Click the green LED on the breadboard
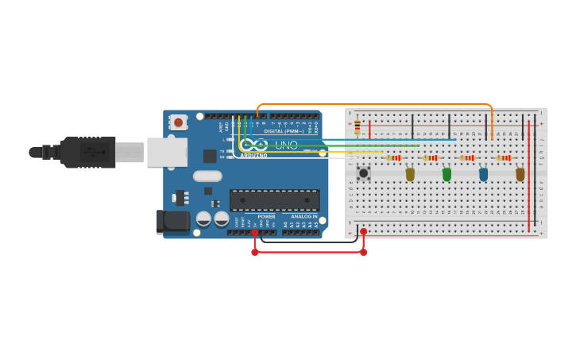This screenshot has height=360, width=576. point(446,173)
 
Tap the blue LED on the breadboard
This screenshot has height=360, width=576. point(483,173)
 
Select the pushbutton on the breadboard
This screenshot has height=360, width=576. point(364,172)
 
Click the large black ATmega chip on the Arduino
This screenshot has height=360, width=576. point(275,199)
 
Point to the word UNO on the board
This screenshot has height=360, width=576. point(286,145)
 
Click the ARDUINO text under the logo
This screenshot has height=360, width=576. point(253,155)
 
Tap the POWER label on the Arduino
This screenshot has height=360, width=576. point(267,216)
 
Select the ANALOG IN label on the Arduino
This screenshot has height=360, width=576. point(303,216)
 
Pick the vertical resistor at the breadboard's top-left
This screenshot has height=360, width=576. point(357,126)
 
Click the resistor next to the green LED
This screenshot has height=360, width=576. point(431,157)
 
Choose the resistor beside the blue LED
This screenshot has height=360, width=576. point(467,157)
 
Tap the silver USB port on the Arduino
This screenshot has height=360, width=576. point(167,152)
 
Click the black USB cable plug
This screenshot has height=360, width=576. point(87,152)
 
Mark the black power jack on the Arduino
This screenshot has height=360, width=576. point(172,222)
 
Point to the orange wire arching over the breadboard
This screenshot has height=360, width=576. point(373,104)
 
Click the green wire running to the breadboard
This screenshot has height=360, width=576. point(381,145)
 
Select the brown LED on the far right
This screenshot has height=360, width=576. point(520,173)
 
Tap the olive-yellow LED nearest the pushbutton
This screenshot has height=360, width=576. point(410,173)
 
